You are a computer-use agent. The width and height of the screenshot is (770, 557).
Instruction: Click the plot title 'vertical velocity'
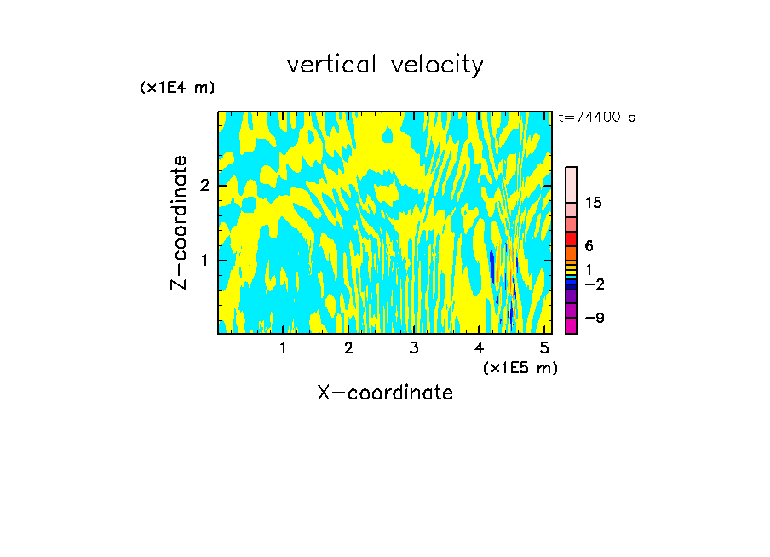point(385,65)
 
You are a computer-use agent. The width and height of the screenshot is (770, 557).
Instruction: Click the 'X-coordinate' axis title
point(385,393)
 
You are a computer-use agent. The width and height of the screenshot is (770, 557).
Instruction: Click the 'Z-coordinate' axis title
point(180,222)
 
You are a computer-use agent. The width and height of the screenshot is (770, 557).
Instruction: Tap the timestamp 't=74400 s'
point(596,118)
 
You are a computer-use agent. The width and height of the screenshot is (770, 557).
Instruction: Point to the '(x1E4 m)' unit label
point(177,88)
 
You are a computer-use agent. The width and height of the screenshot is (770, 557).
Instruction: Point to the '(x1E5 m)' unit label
point(520,367)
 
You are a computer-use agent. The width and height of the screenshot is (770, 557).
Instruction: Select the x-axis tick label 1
point(283,347)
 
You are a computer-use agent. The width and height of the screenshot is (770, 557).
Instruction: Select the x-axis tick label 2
point(348,347)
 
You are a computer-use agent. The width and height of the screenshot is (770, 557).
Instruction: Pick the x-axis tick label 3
point(414,347)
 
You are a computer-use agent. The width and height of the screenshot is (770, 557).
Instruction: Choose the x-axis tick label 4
point(479,347)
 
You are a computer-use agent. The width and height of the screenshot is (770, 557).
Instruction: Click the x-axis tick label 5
point(544,347)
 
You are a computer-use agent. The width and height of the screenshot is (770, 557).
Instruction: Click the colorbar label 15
point(594,203)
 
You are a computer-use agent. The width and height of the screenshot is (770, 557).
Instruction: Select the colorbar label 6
point(589,246)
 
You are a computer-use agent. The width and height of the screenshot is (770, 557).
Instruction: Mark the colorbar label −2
point(594,284)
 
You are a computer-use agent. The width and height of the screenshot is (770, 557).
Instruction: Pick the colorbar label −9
point(594,319)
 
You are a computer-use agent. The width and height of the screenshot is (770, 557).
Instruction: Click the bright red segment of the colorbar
point(571,239)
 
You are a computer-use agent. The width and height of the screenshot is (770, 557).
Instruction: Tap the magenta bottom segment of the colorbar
point(571,325)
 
